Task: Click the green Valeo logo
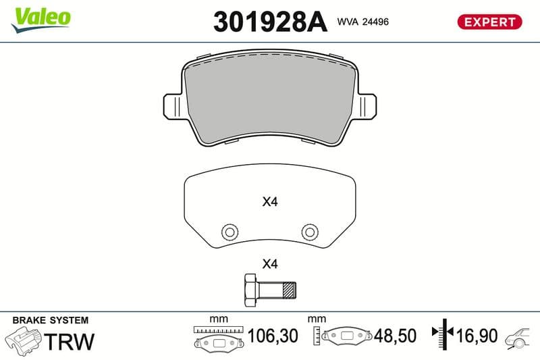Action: (41, 20)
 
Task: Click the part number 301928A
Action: (270, 22)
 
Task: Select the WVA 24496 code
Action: (362, 22)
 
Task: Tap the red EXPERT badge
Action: (489, 22)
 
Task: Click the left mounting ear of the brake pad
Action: (172, 106)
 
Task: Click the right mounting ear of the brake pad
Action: (367, 106)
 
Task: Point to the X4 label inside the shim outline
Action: (270, 201)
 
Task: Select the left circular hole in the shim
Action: (230, 232)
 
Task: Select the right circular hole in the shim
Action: (310, 232)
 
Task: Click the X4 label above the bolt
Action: (270, 264)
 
